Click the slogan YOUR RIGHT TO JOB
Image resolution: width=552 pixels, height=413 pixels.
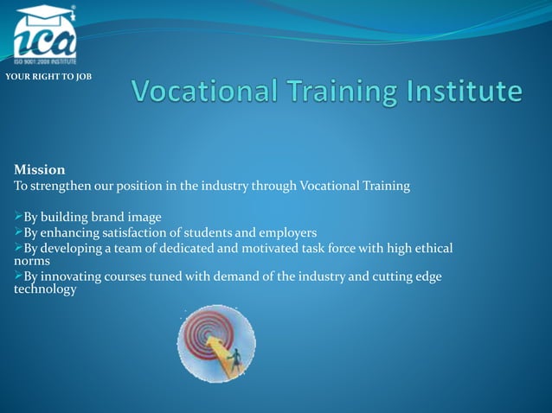coord(48,78)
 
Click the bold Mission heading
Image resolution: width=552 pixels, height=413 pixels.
coord(40,169)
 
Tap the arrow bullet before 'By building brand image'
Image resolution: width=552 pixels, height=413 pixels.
coord(18,217)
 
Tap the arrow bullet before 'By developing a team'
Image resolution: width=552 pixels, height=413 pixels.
coord(18,249)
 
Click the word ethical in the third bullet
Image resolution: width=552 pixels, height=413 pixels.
coord(430,249)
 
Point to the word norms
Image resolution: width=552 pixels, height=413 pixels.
coord(32,260)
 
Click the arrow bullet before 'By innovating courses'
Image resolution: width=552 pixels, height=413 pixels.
coord(18,276)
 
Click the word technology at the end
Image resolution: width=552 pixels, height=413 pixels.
coord(45,289)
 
